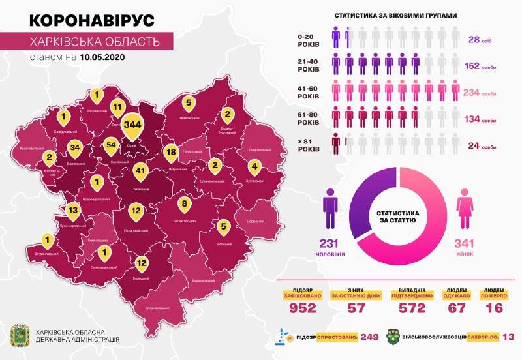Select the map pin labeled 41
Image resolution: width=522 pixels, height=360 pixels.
138,171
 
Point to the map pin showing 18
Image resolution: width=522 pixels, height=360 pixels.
171,153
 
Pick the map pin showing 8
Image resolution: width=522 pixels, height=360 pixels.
185,205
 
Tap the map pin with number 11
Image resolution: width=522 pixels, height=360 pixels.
117,106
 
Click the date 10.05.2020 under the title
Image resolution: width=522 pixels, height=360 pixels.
102,57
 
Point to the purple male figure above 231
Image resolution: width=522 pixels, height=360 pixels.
331,204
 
